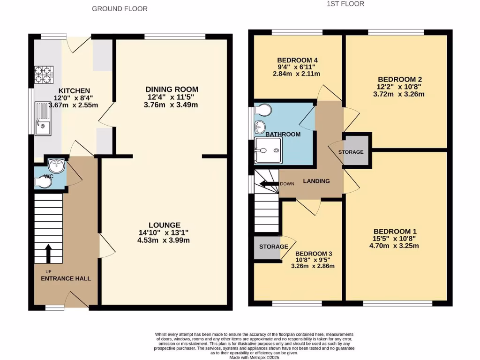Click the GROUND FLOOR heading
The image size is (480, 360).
pos(120,9)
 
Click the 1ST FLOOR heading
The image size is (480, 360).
pos(345,4)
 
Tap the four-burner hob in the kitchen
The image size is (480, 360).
pos(44,74)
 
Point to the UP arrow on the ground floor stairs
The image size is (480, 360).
pos(48,253)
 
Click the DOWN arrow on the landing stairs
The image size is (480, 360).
pos(271,184)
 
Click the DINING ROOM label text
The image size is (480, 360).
pos(172,89)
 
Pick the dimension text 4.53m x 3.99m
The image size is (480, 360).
pos(163,240)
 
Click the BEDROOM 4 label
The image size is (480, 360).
pos(298,60)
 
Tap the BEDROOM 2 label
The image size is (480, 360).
pos(397,79)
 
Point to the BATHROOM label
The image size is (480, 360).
pos(283,135)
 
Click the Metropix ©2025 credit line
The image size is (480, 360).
pos(255,357)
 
